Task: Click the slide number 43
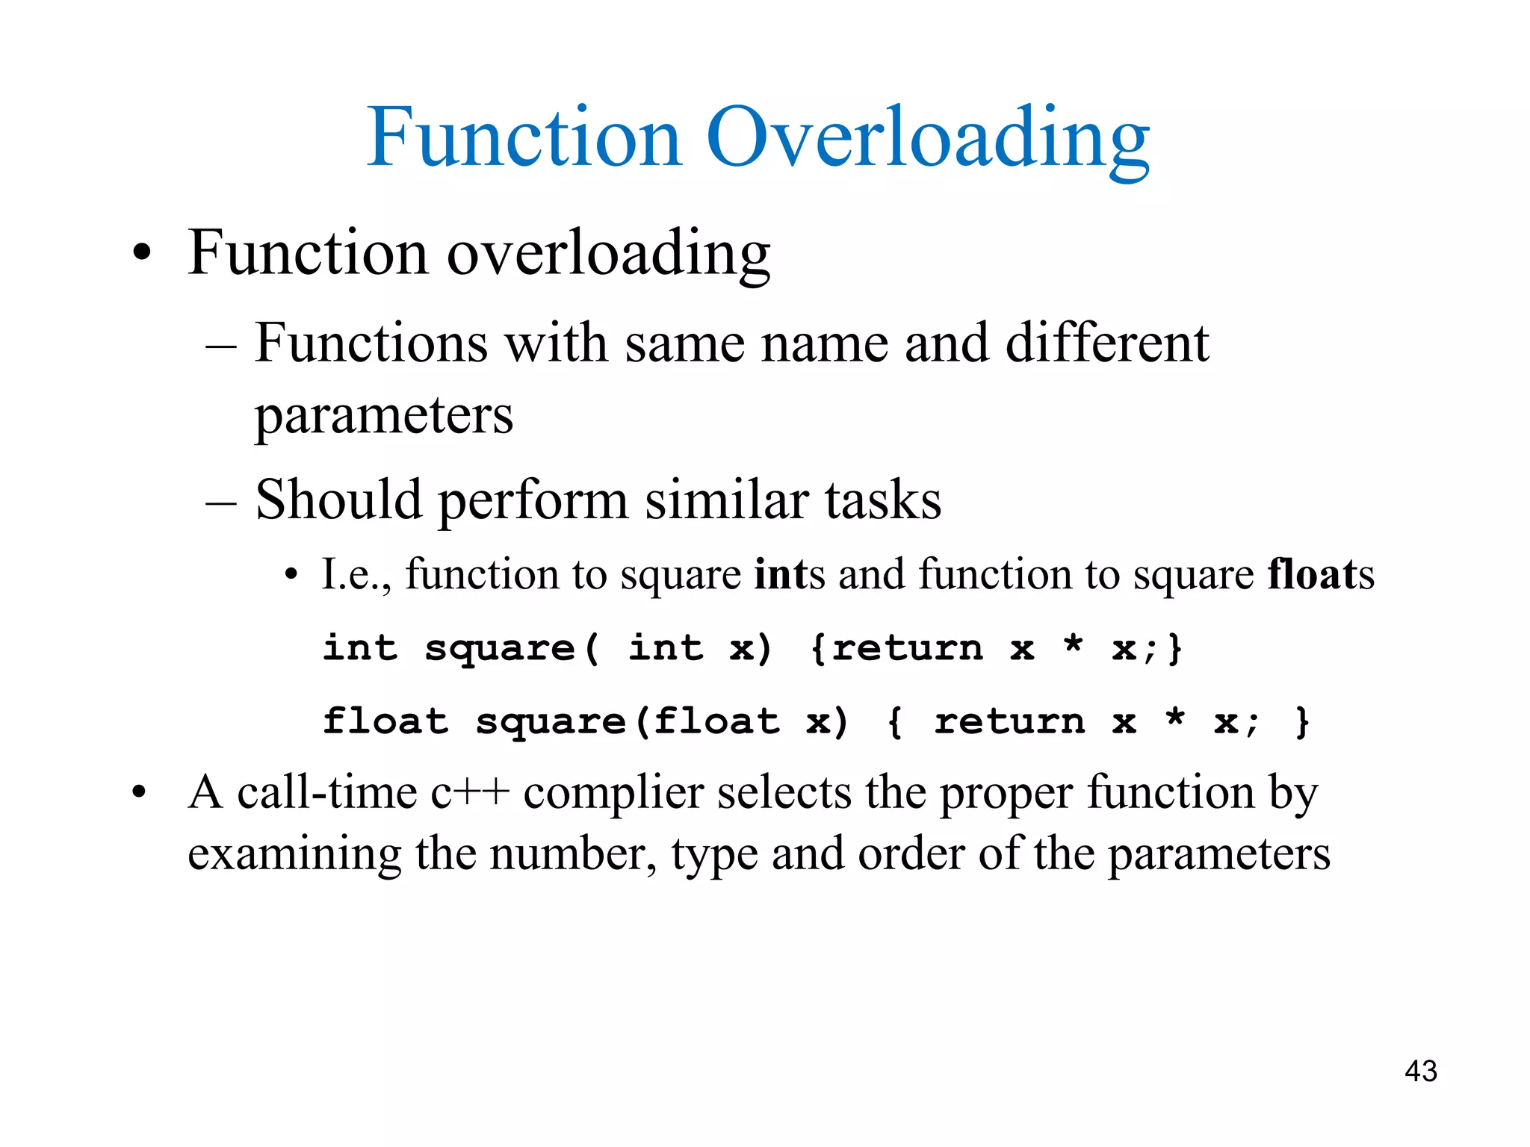click(1420, 1071)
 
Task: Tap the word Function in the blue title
click(524, 137)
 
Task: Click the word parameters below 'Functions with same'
click(384, 416)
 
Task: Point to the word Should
click(338, 499)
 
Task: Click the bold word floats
click(1320, 574)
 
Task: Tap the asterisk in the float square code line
click(1175, 719)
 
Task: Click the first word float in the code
click(385, 721)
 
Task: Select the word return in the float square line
click(1009, 721)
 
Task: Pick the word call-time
click(327, 792)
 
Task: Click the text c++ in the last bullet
click(470, 792)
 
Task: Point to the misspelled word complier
click(613, 794)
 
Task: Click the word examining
click(294, 854)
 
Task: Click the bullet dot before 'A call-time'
click(138, 794)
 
